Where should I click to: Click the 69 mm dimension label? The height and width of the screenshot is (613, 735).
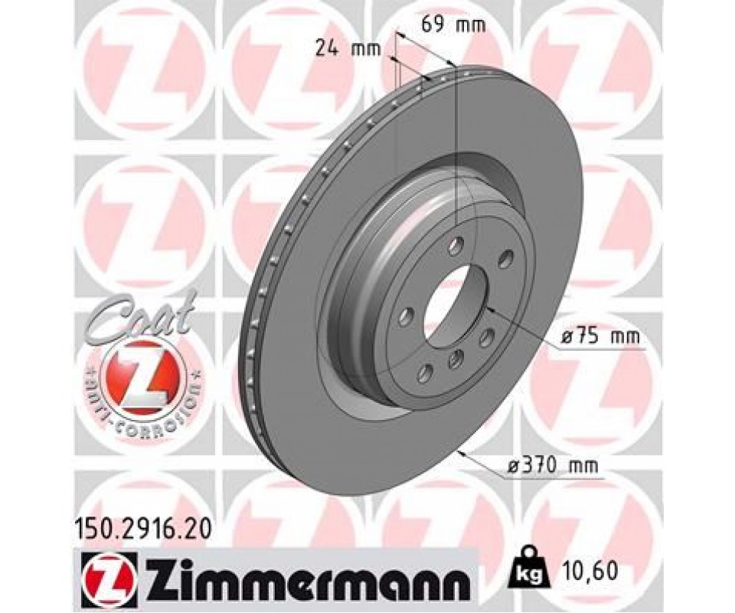click(x=452, y=24)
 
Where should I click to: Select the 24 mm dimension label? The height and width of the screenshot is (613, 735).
click(x=348, y=49)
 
